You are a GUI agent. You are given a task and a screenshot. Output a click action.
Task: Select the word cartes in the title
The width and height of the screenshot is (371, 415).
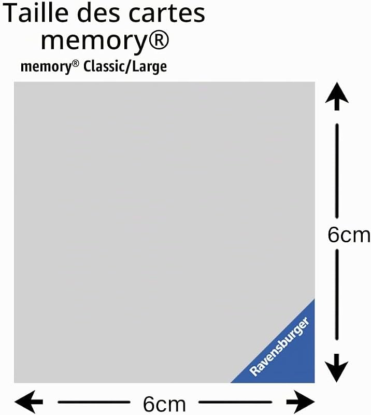[167, 14]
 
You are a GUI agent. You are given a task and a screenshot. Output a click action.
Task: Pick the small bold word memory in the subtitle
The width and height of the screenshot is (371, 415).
[46, 67]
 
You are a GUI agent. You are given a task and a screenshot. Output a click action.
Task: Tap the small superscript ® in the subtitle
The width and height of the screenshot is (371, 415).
[75, 64]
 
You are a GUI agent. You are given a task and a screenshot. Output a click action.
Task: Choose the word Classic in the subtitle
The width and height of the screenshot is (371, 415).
[104, 66]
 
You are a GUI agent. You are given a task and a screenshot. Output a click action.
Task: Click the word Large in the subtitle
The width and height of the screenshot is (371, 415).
[150, 67]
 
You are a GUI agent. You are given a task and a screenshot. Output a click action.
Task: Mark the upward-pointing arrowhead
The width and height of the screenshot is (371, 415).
[337, 96]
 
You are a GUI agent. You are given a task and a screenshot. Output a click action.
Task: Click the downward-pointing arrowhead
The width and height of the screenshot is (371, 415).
[337, 368]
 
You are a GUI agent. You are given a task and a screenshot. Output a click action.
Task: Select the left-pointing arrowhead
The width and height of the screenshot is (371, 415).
[28, 402]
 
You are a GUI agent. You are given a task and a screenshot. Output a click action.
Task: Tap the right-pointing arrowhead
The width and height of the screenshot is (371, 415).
[301, 402]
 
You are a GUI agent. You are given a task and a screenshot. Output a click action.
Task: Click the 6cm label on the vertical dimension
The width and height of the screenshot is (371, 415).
[349, 235]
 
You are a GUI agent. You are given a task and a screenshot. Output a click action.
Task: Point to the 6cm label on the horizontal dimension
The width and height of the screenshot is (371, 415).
[164, 404]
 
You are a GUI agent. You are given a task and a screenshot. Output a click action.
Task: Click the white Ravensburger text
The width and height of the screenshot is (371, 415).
[279, 346]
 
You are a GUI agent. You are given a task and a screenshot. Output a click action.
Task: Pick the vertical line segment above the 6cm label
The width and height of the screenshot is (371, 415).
[337, 171]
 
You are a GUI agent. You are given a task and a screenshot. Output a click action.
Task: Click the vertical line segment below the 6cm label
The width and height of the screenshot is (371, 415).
[337, 295]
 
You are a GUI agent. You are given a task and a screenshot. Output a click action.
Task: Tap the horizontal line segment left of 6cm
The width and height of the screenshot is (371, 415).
[94, 402]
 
